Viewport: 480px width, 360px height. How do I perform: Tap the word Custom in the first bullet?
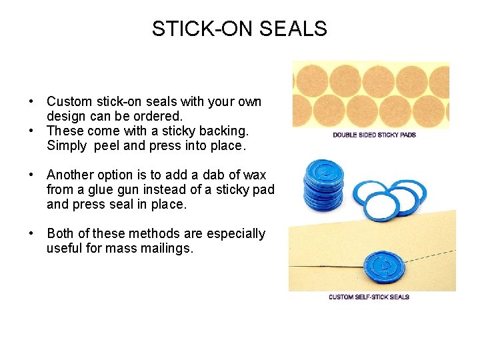[70, 102]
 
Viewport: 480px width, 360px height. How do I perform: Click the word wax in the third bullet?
[255, 175]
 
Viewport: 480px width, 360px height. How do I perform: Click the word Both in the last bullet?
[60, 234]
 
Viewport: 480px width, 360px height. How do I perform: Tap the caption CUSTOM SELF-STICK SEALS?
[369, 297]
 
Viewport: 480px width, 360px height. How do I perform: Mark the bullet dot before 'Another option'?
[31, 175]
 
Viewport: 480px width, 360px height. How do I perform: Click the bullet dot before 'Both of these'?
[31, 234]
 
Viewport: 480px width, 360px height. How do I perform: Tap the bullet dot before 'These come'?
[31, 131]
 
